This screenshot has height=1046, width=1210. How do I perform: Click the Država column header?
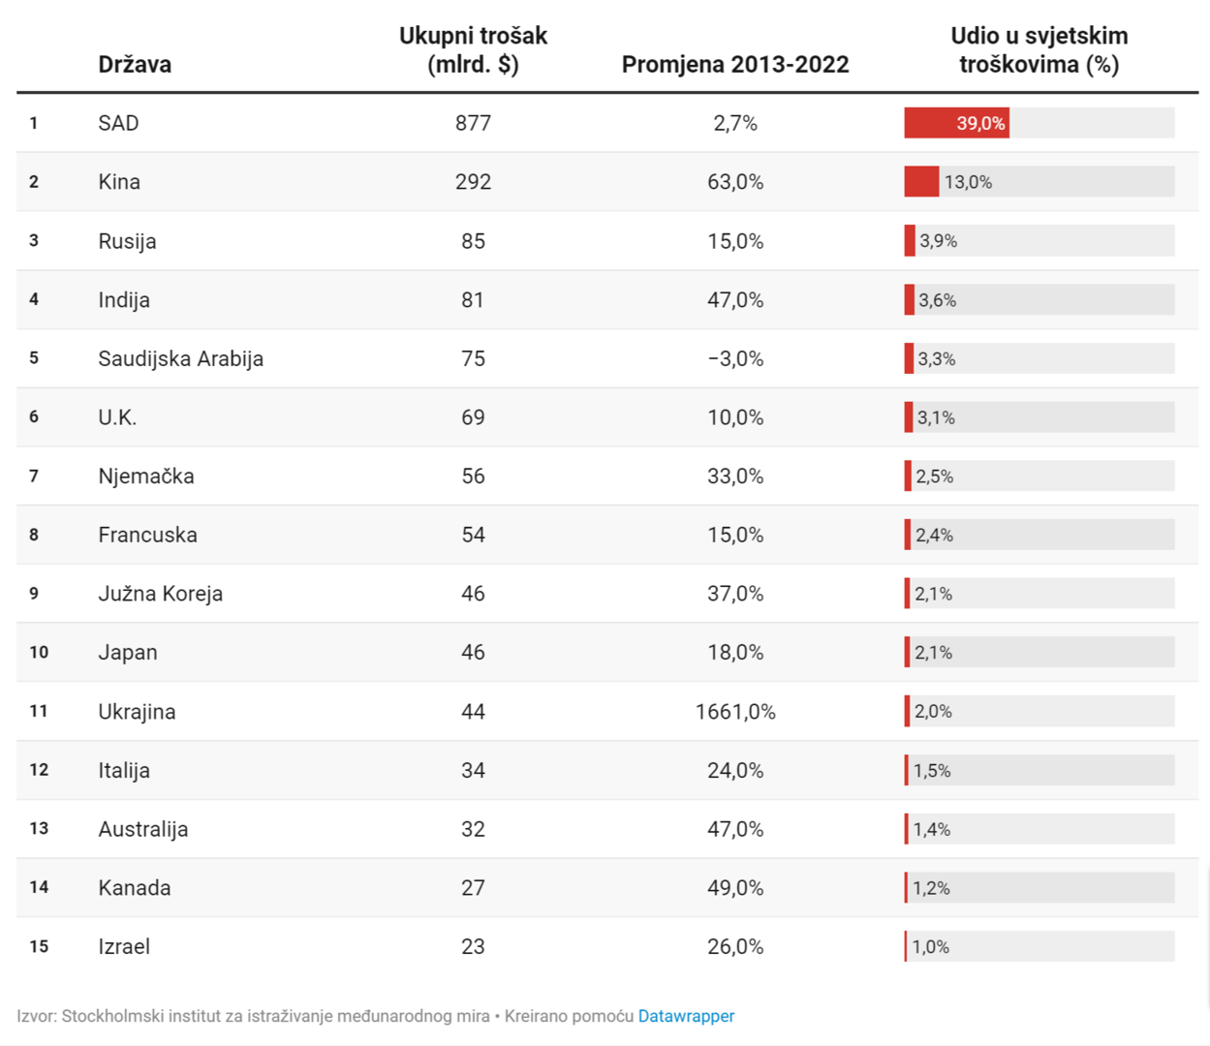coord(135,65)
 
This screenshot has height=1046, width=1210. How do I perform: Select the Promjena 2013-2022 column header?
coord(734,65)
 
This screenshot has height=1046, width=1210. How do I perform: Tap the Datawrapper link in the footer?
coord(686,1016)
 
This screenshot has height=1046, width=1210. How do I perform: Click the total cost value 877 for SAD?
coord(473,123)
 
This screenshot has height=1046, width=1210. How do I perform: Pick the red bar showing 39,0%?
coord(955,123)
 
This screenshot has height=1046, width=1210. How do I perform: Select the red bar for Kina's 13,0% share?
coord(921,182)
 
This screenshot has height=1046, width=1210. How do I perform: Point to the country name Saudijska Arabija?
coord(180,358)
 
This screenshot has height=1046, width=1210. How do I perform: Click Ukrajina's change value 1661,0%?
coord(734,712)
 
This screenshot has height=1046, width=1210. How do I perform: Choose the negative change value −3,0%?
coord(734,358)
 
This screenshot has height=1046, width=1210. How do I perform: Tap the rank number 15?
coord(39,946)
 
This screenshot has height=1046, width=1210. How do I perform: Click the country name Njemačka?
coord(146,477)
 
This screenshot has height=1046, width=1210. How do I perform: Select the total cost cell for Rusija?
coord(473,241)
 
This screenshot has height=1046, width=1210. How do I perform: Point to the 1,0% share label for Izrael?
coord(931,947)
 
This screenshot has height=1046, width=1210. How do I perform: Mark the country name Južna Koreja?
coord(160,594)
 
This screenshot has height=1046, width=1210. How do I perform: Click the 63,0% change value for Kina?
coord(734,182)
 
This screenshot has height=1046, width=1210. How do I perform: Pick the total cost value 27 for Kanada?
coord(473,888)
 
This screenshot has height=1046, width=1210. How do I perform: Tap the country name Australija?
coord(143,829)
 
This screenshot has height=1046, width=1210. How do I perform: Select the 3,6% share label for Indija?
coord(937,300)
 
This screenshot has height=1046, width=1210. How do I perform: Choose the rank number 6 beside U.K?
coord(34,417)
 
